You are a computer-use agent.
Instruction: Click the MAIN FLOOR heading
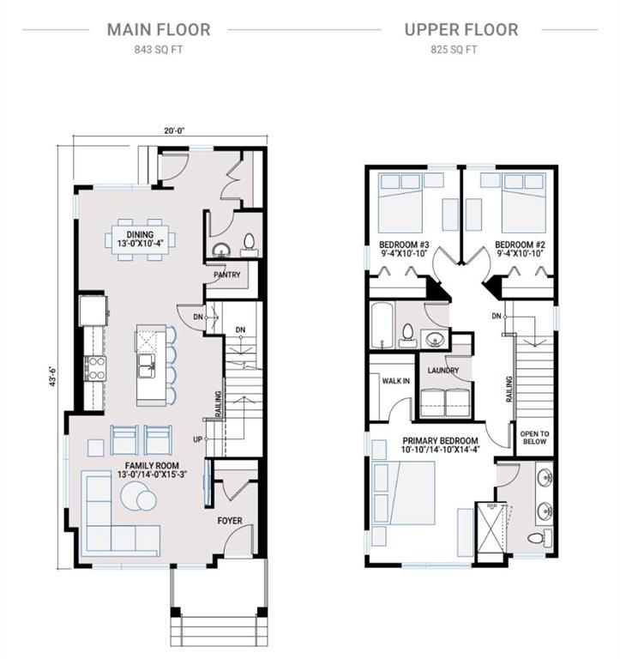(158, 30)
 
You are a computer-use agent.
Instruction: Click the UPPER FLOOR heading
(461, 30)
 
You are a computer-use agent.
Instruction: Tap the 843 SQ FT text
(158, 50)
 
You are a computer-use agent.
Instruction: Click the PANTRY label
(226, 275)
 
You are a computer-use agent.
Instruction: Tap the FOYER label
(230, 521)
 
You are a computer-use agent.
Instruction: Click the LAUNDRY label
(444, 371)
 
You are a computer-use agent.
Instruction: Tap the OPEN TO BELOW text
(534, 438)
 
